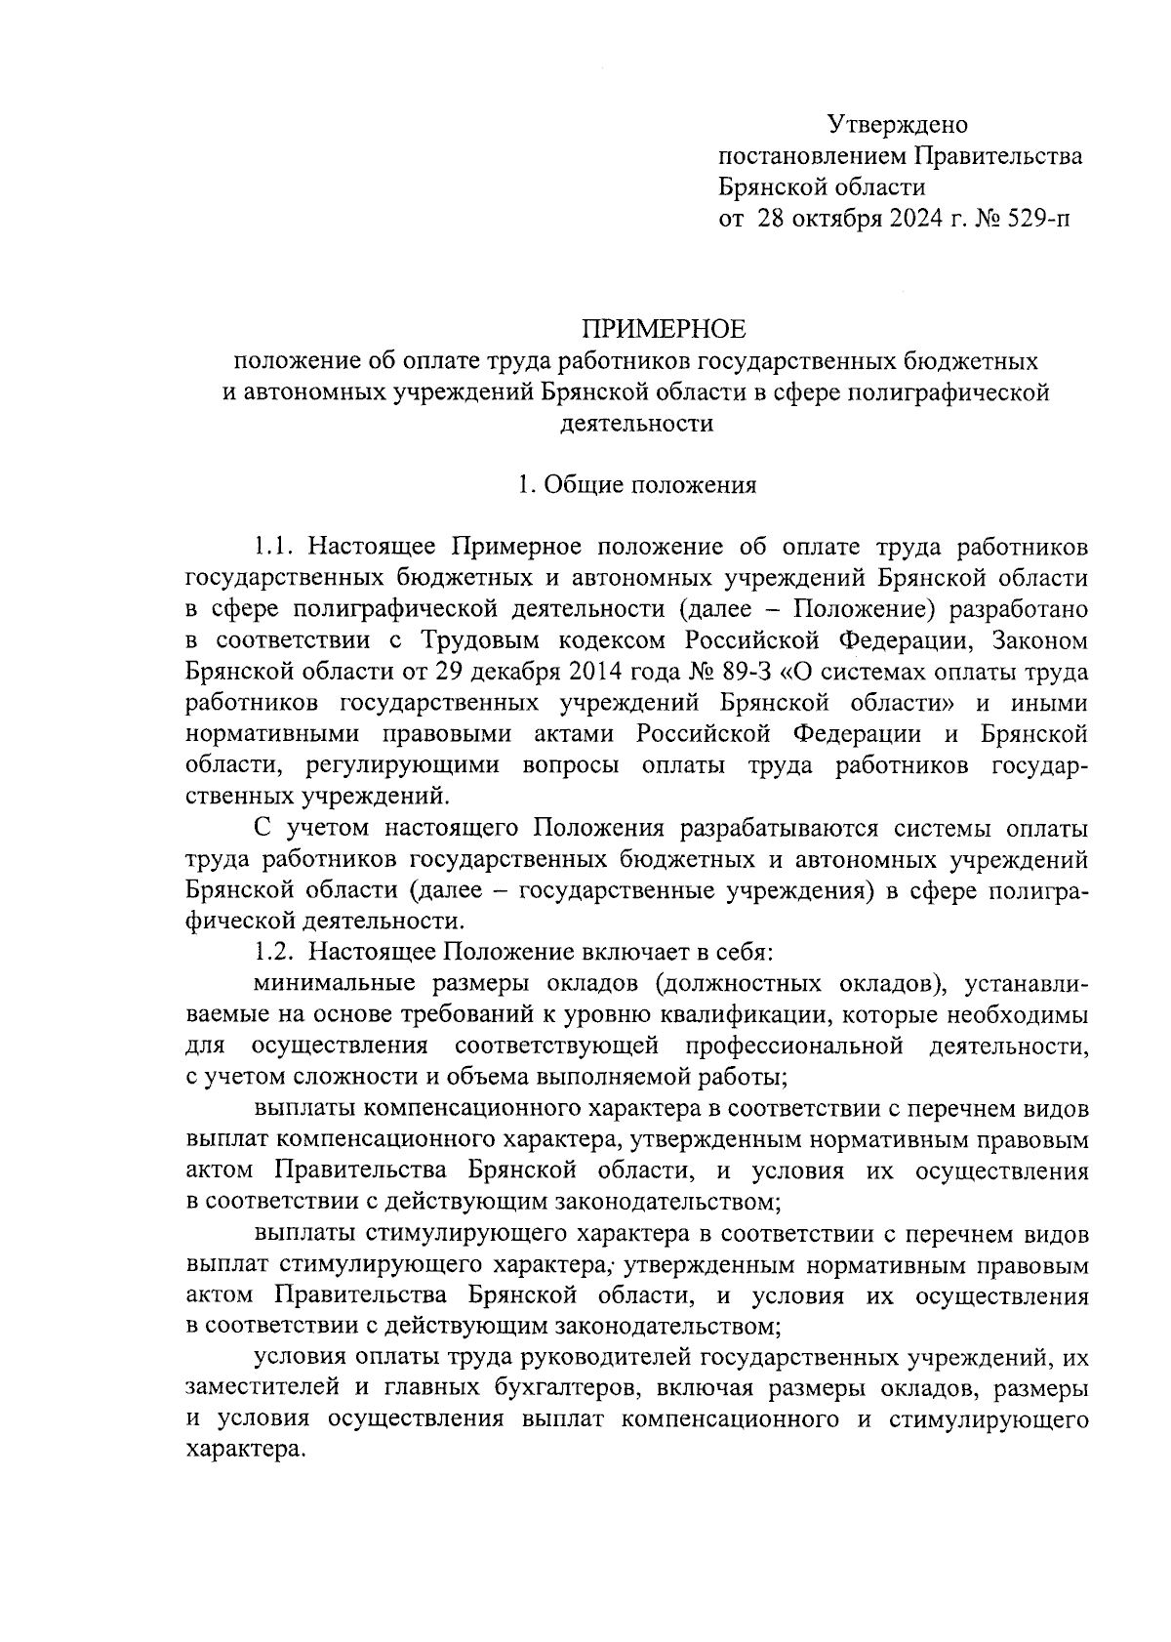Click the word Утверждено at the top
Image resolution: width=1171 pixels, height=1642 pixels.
click(x=897, y=125)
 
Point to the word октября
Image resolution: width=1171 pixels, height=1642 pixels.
click(x=839, y=217)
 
